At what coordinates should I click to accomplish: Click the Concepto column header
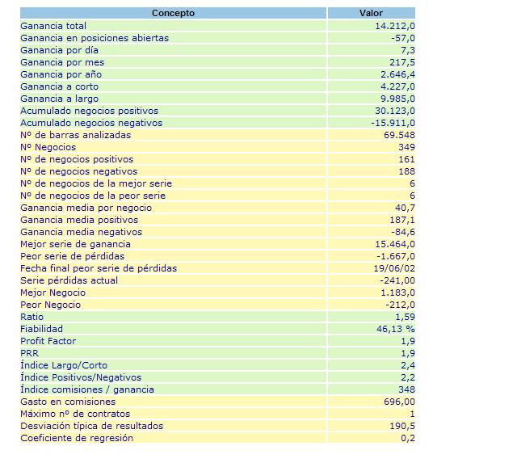tap(173, 13)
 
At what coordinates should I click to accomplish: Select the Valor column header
tap(371, 13)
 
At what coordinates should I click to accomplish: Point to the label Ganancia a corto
tap(59, 86)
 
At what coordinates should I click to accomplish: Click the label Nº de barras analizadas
tap(75, 135)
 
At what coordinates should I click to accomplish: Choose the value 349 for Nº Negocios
tap(406, 147)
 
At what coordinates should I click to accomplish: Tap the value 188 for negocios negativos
tap(406, 171)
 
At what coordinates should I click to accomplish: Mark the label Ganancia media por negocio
tap(86, 208)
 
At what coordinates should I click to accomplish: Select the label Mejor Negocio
tap(53, 293)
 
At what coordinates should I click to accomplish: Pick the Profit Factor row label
tap(48, 341)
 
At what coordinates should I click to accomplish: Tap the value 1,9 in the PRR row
tap(408, 353)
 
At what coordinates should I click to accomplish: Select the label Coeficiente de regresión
tap(77, 438)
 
